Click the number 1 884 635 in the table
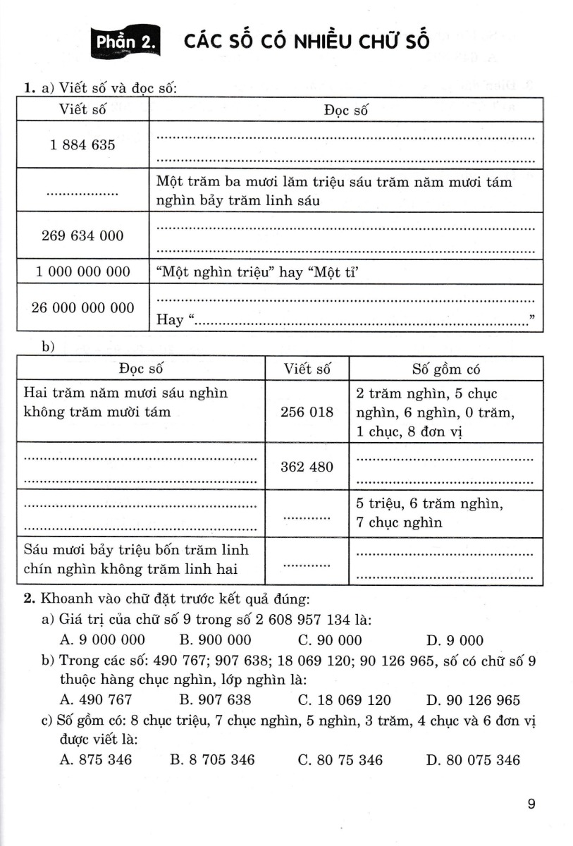pyautogui.click(x=82, y=145)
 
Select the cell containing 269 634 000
pyautogui.click(x=82, y=236)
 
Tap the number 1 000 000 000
pyautogui.click(x=82, y=271)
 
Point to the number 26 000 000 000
pyautogui.click(x=82, y=307)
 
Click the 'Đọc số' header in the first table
pyautogui.click(x=345, y=110)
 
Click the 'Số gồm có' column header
pyautogui.click(x=446, y=369)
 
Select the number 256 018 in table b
pyautogui.click(x=307, y=412)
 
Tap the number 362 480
pyautogui.click(x=307, y=467)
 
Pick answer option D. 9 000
pyautogui.click(x=455, y=640)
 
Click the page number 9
pyautogui.click(x=531, y=804)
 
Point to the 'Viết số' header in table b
pyautogui.click(x=307, y=369)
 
